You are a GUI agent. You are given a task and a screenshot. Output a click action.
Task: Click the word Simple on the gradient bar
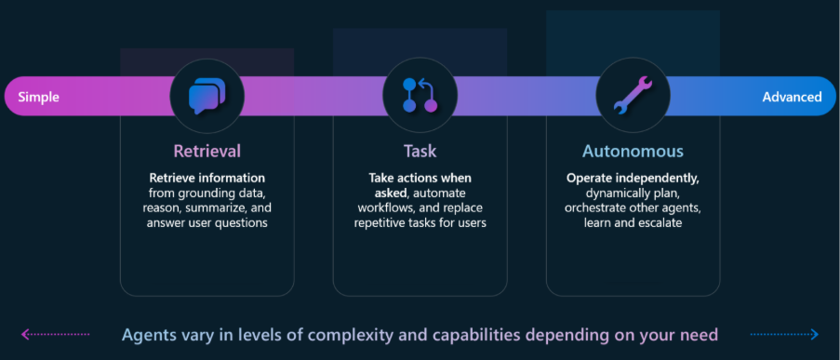pyautogui.click(x=38, y=97)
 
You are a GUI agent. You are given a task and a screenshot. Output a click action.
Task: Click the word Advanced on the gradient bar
pyautogui.click(x=792, y=97)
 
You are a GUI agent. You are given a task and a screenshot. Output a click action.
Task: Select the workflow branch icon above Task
pyautogui.click(x=420, y=96)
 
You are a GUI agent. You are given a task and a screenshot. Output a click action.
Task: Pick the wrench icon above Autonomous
pyautogui.click(x=633, y=96)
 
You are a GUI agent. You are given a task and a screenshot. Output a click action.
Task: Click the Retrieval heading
pyautogui.click(x=207, y=151)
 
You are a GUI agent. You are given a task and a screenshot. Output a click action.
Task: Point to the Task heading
pyautogui.click(x=420, y=151)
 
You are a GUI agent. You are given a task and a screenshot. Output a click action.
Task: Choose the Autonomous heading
pyautogui.click(x=633, y=151)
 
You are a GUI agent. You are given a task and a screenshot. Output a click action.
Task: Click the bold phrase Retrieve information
pyautogui.click(x=207, y=178)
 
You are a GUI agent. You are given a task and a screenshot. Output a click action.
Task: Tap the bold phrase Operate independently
pyautogui.click(x=633, y=178)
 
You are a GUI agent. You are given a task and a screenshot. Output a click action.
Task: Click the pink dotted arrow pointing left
pyautogui.click(x=55, y=335)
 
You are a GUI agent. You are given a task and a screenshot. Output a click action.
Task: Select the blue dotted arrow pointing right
pyautogui.click(x=784, y=335)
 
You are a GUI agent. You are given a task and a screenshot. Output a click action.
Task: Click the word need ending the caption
pyautogui.click(x=700, y=336)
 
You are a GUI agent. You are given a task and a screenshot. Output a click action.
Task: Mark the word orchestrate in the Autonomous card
pyautogui.click(x=593, y=207)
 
